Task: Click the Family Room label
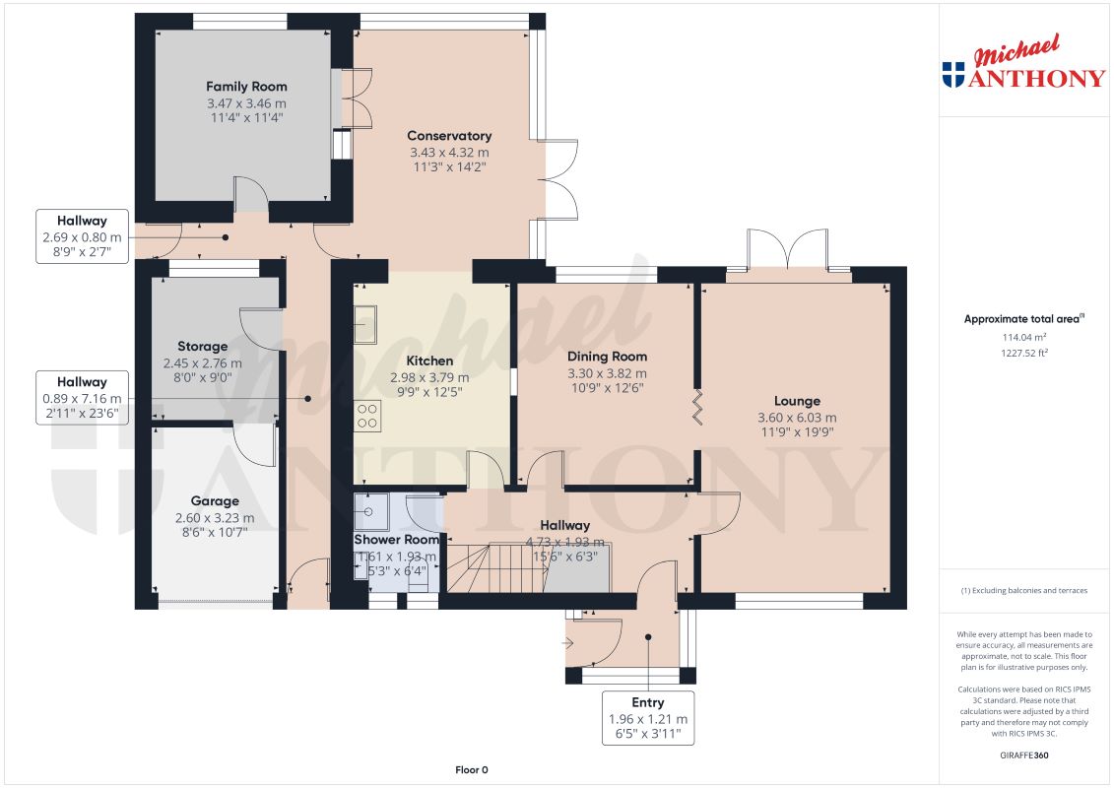point(246,87)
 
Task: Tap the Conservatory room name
point(449,136)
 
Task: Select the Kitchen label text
point(429,361)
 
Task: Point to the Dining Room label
point(607,357)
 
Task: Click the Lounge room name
point(797,402)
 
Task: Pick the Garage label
point(215,501)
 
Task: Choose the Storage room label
point(203,347)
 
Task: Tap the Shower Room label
point(396,540)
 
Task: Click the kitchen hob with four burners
point(367,416)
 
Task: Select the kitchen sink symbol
point(365,325)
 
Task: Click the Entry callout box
point(648,718)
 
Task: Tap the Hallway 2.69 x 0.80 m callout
point(82,236)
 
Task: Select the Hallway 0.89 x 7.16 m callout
point(82,398)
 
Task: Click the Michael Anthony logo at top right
point(1023,62)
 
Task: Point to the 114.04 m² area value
point(1023,338)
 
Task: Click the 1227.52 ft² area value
point(1023,353)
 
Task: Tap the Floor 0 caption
point(472,769)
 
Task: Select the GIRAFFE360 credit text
point(1023,755)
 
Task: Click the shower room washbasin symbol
point(371,511)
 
